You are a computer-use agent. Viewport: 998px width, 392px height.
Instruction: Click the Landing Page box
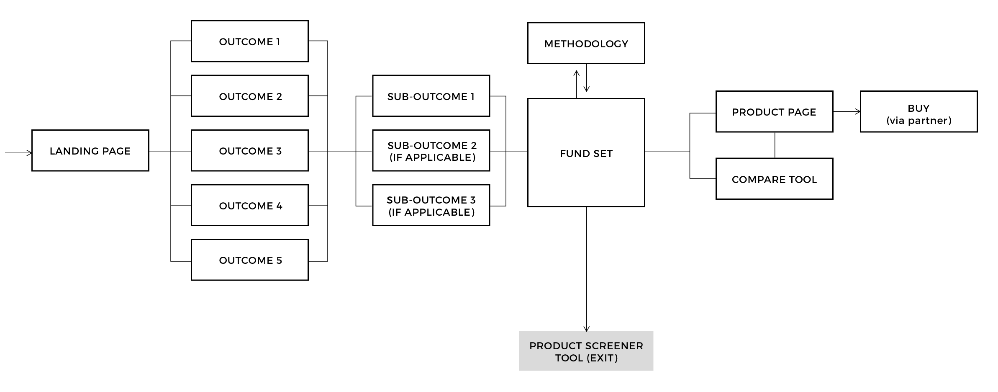tap(90, 150)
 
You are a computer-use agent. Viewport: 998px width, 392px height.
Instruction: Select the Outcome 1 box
tap(249, 41)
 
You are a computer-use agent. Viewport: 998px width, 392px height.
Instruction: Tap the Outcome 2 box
tap(249, 96)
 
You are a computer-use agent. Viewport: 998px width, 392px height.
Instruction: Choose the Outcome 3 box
tap(249, 150)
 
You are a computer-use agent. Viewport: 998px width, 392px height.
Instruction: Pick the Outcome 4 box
tap(249, 205)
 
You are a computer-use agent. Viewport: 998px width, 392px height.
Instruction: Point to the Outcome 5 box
tap(249, 260)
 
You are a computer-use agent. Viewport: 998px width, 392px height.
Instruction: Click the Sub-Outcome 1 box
tap(431, 96)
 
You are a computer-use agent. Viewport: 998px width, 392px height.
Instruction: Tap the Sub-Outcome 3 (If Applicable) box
tap(431, 205)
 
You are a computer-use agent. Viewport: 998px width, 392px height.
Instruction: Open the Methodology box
tap(586, 43)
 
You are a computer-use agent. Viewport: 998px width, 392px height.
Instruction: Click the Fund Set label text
tap(586, 154)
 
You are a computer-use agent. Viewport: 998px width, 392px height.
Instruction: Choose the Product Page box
tap(774, 111)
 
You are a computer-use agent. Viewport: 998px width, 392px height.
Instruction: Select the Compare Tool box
tap(774, 179)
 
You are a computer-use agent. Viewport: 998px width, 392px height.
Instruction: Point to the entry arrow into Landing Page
tap(18, 153)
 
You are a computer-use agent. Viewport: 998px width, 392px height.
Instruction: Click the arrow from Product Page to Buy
tap(846, 111)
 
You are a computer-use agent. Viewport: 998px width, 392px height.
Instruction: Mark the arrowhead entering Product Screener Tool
tap(586, 329)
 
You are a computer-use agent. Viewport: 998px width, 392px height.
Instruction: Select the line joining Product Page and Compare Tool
tap(775, 145)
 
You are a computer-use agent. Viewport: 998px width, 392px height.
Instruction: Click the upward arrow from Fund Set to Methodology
tap(577, 84)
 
